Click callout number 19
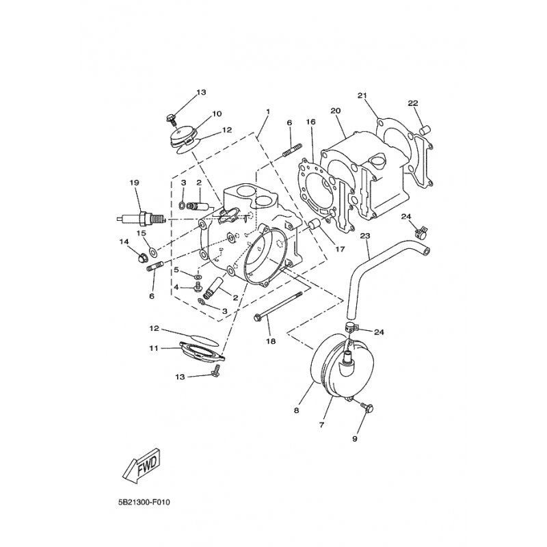point(134,183)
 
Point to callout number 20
point(335,111)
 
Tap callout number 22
point(412,103)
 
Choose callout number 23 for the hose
point(364,236)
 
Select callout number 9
point(355,438)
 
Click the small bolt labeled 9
point(367,409)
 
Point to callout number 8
point(297,411)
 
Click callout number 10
point(198,114)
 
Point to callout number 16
point(310,122)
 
